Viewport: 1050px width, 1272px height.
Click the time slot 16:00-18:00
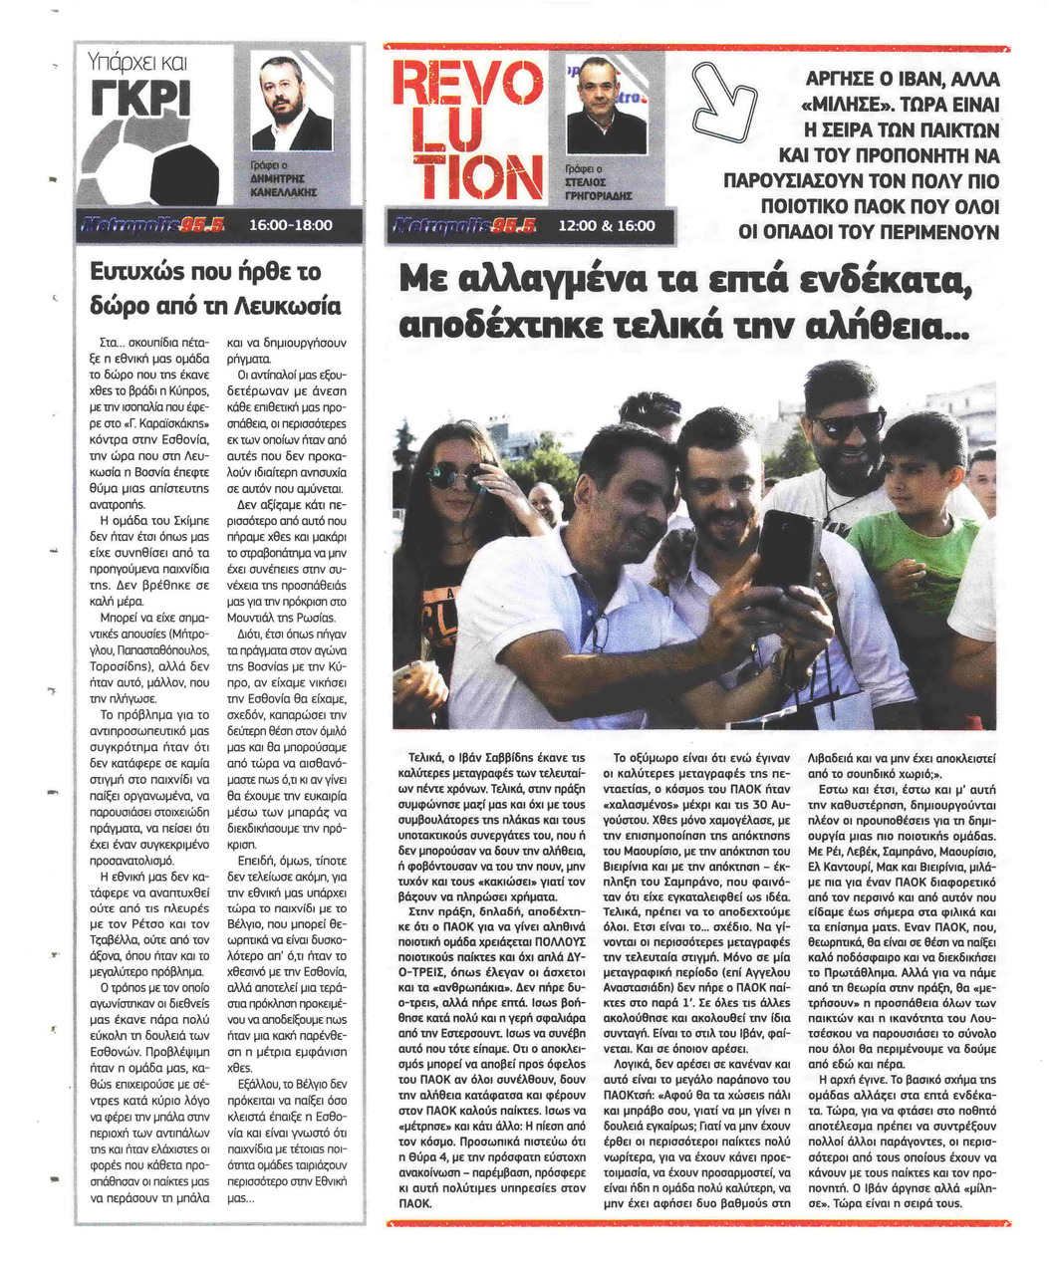point(289,226)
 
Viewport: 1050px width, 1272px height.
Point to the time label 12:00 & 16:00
point(606,226)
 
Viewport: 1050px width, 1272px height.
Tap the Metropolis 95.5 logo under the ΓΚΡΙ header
point(159,226)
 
